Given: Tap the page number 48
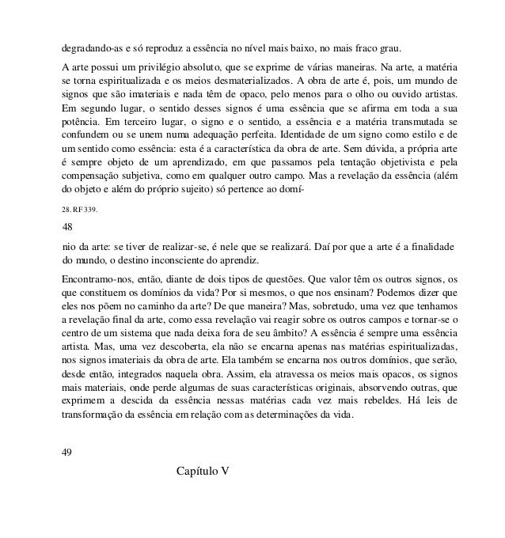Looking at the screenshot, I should pyautogui.click(x=67, y=248).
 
